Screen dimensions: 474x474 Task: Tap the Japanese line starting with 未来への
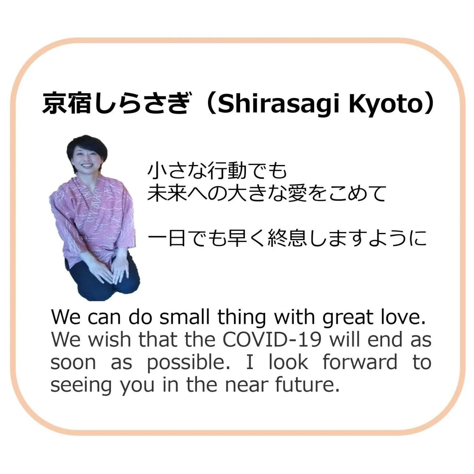pos(266,193)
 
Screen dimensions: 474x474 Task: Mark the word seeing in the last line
pos(81,385)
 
